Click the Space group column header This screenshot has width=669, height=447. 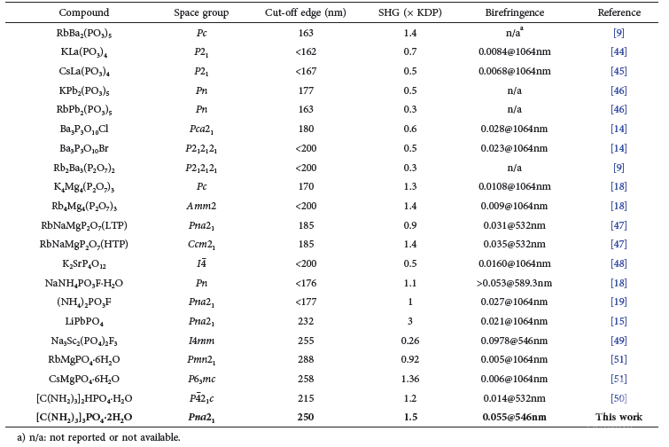click(201, 12)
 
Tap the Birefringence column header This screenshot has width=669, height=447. click(515, 12)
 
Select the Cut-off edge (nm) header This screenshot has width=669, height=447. click(306, 12)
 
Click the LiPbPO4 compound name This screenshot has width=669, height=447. click(84, 321)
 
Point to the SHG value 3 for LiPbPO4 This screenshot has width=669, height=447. click(410, 321)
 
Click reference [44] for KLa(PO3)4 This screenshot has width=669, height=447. click(618, 51)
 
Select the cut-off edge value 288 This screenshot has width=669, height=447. click(306, 359)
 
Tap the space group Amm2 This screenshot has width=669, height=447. click(201, 206)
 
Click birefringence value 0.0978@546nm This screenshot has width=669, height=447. click(514, 341)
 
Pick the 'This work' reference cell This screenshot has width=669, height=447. click(618, 417)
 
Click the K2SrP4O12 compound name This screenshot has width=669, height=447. click(84, 263)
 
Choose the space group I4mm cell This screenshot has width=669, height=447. click(201, 341)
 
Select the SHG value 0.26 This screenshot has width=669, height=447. click(410, 341)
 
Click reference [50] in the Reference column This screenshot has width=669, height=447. click(618, 398)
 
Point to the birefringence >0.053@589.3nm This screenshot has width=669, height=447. click(514, 283)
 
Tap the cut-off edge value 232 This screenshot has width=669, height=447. click(306, 321)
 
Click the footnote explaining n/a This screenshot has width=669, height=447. click(98, 437)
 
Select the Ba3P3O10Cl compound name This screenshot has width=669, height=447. click(84, 129)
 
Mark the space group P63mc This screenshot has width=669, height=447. click(201, 379)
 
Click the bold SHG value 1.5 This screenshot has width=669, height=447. click(410, 417)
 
